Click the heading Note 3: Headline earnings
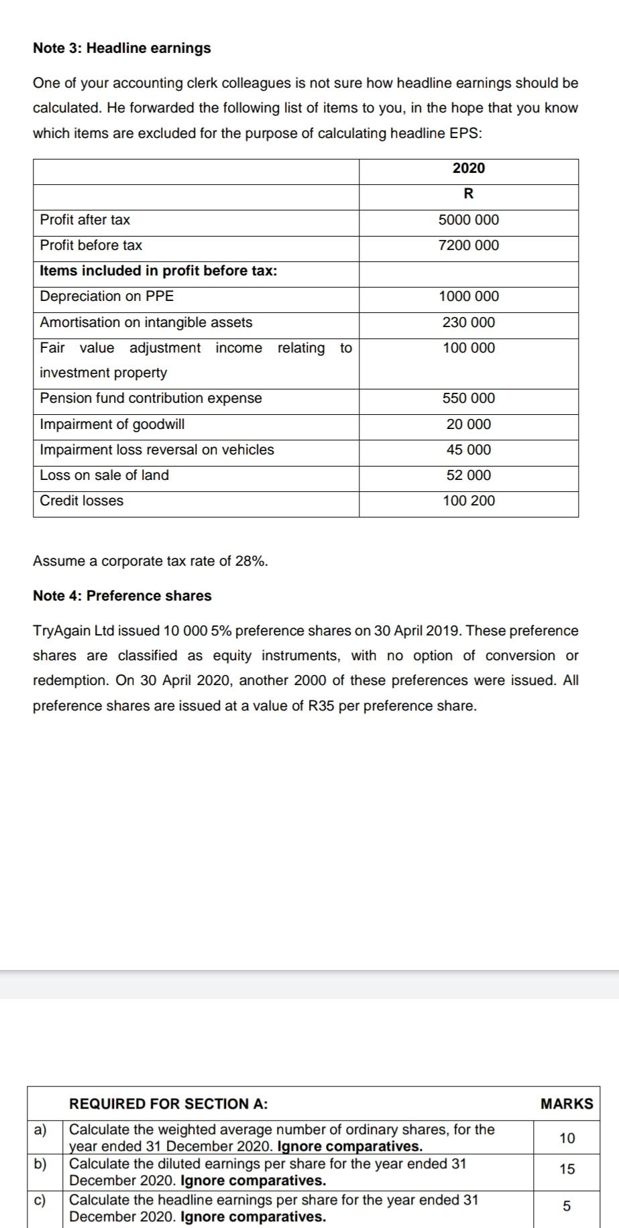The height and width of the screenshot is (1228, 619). [x=121, y=48]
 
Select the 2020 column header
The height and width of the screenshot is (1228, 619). [x=468, y=168]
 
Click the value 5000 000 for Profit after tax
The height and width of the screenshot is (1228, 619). [x=468, y=220]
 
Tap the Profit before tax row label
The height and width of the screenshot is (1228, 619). [x=91, y=245]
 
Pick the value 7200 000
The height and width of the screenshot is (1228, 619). [x=468, y=245]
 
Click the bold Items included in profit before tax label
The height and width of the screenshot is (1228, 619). [x=159, y=271]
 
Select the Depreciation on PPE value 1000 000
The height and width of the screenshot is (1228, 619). [x=468, y=296]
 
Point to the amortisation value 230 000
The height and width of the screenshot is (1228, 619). [x=468, y=322]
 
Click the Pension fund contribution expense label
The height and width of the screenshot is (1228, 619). [x=151, y=398]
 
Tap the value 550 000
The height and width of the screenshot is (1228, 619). [x=468, y=398]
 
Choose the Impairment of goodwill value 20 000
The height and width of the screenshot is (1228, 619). [x=468, y=424]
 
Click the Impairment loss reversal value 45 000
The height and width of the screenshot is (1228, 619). [x=468, y=450]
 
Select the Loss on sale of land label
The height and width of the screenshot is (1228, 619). [x=105, y=475]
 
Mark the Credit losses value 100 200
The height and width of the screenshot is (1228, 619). [x=468, y=501]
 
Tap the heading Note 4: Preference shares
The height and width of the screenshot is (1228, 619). [x=122, y=596]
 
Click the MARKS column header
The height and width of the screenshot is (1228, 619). [x=567, y=1103]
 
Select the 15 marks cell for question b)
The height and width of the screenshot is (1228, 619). [x=567, y=1169]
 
